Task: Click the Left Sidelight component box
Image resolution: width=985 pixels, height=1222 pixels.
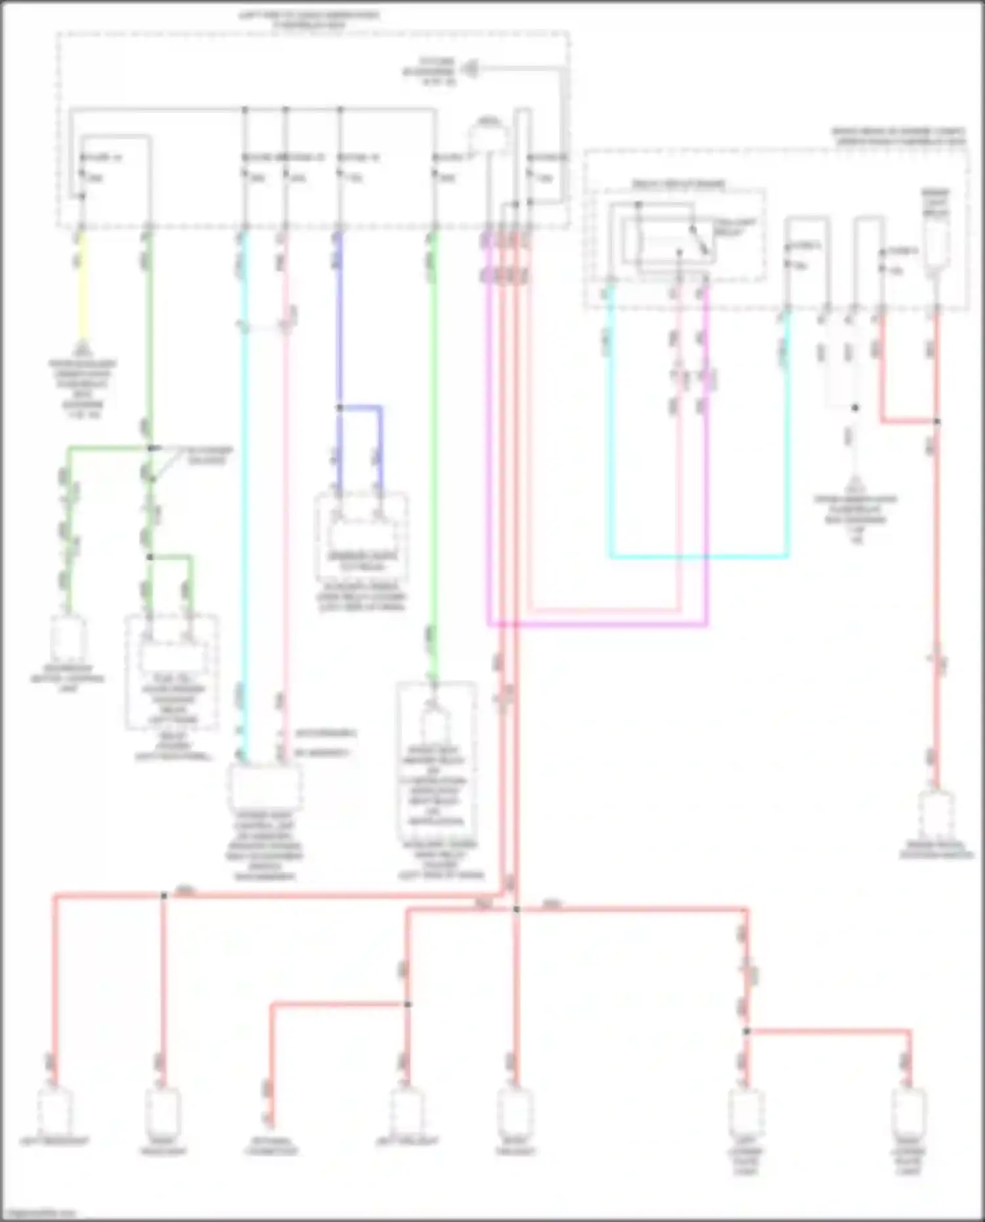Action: (x=55, y=1109)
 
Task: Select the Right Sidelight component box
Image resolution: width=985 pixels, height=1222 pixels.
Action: (x=162, y=1109)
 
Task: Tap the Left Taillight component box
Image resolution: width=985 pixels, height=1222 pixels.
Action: (x=407, y=1109)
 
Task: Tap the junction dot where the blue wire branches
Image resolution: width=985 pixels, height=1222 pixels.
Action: (x=339, y=408)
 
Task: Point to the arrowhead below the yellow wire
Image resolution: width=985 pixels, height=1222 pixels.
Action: (x=82, y=348)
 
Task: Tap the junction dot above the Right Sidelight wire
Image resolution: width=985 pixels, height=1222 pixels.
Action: (x=164, y=895)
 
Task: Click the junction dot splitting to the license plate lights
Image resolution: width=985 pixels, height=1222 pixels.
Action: (x=746, y=1032)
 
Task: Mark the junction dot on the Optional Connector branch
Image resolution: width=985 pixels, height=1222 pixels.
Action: (x=407, y=1004)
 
